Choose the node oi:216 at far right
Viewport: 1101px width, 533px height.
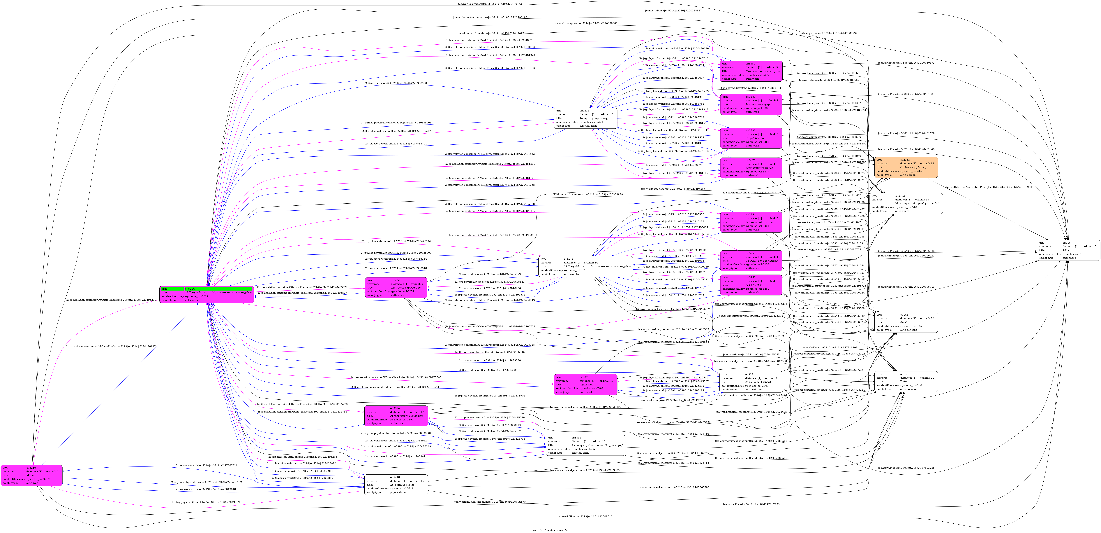[1069, 250]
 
